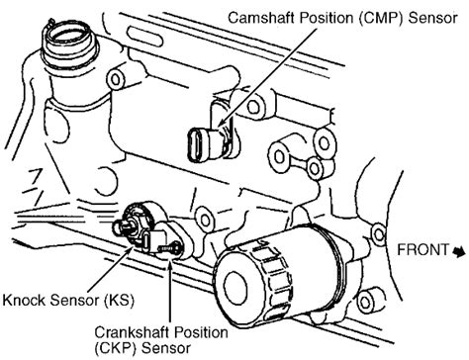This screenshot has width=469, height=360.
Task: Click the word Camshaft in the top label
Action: coord(261,18)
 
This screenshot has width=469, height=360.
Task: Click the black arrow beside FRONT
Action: coord(459,251)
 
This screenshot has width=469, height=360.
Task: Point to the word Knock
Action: coord(24,300)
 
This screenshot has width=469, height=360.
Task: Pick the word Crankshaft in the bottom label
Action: coord(134,332)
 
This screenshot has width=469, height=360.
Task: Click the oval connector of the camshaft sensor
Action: coord(195,145)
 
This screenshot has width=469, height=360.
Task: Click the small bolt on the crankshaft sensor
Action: coord(169,247)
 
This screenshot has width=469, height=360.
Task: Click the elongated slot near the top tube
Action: coord(145,39)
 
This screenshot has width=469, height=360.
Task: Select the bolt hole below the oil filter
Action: coord(365,302)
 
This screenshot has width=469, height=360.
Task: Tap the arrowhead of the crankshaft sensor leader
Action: coord(170,260)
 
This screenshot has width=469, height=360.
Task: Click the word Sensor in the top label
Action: coord(432,18)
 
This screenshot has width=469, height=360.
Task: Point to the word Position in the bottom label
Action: coord(202,332)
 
